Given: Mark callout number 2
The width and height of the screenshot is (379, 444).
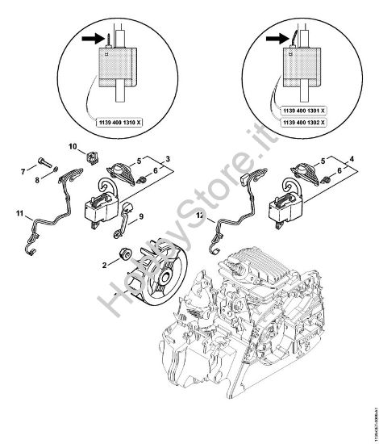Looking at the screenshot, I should [105, 264].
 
